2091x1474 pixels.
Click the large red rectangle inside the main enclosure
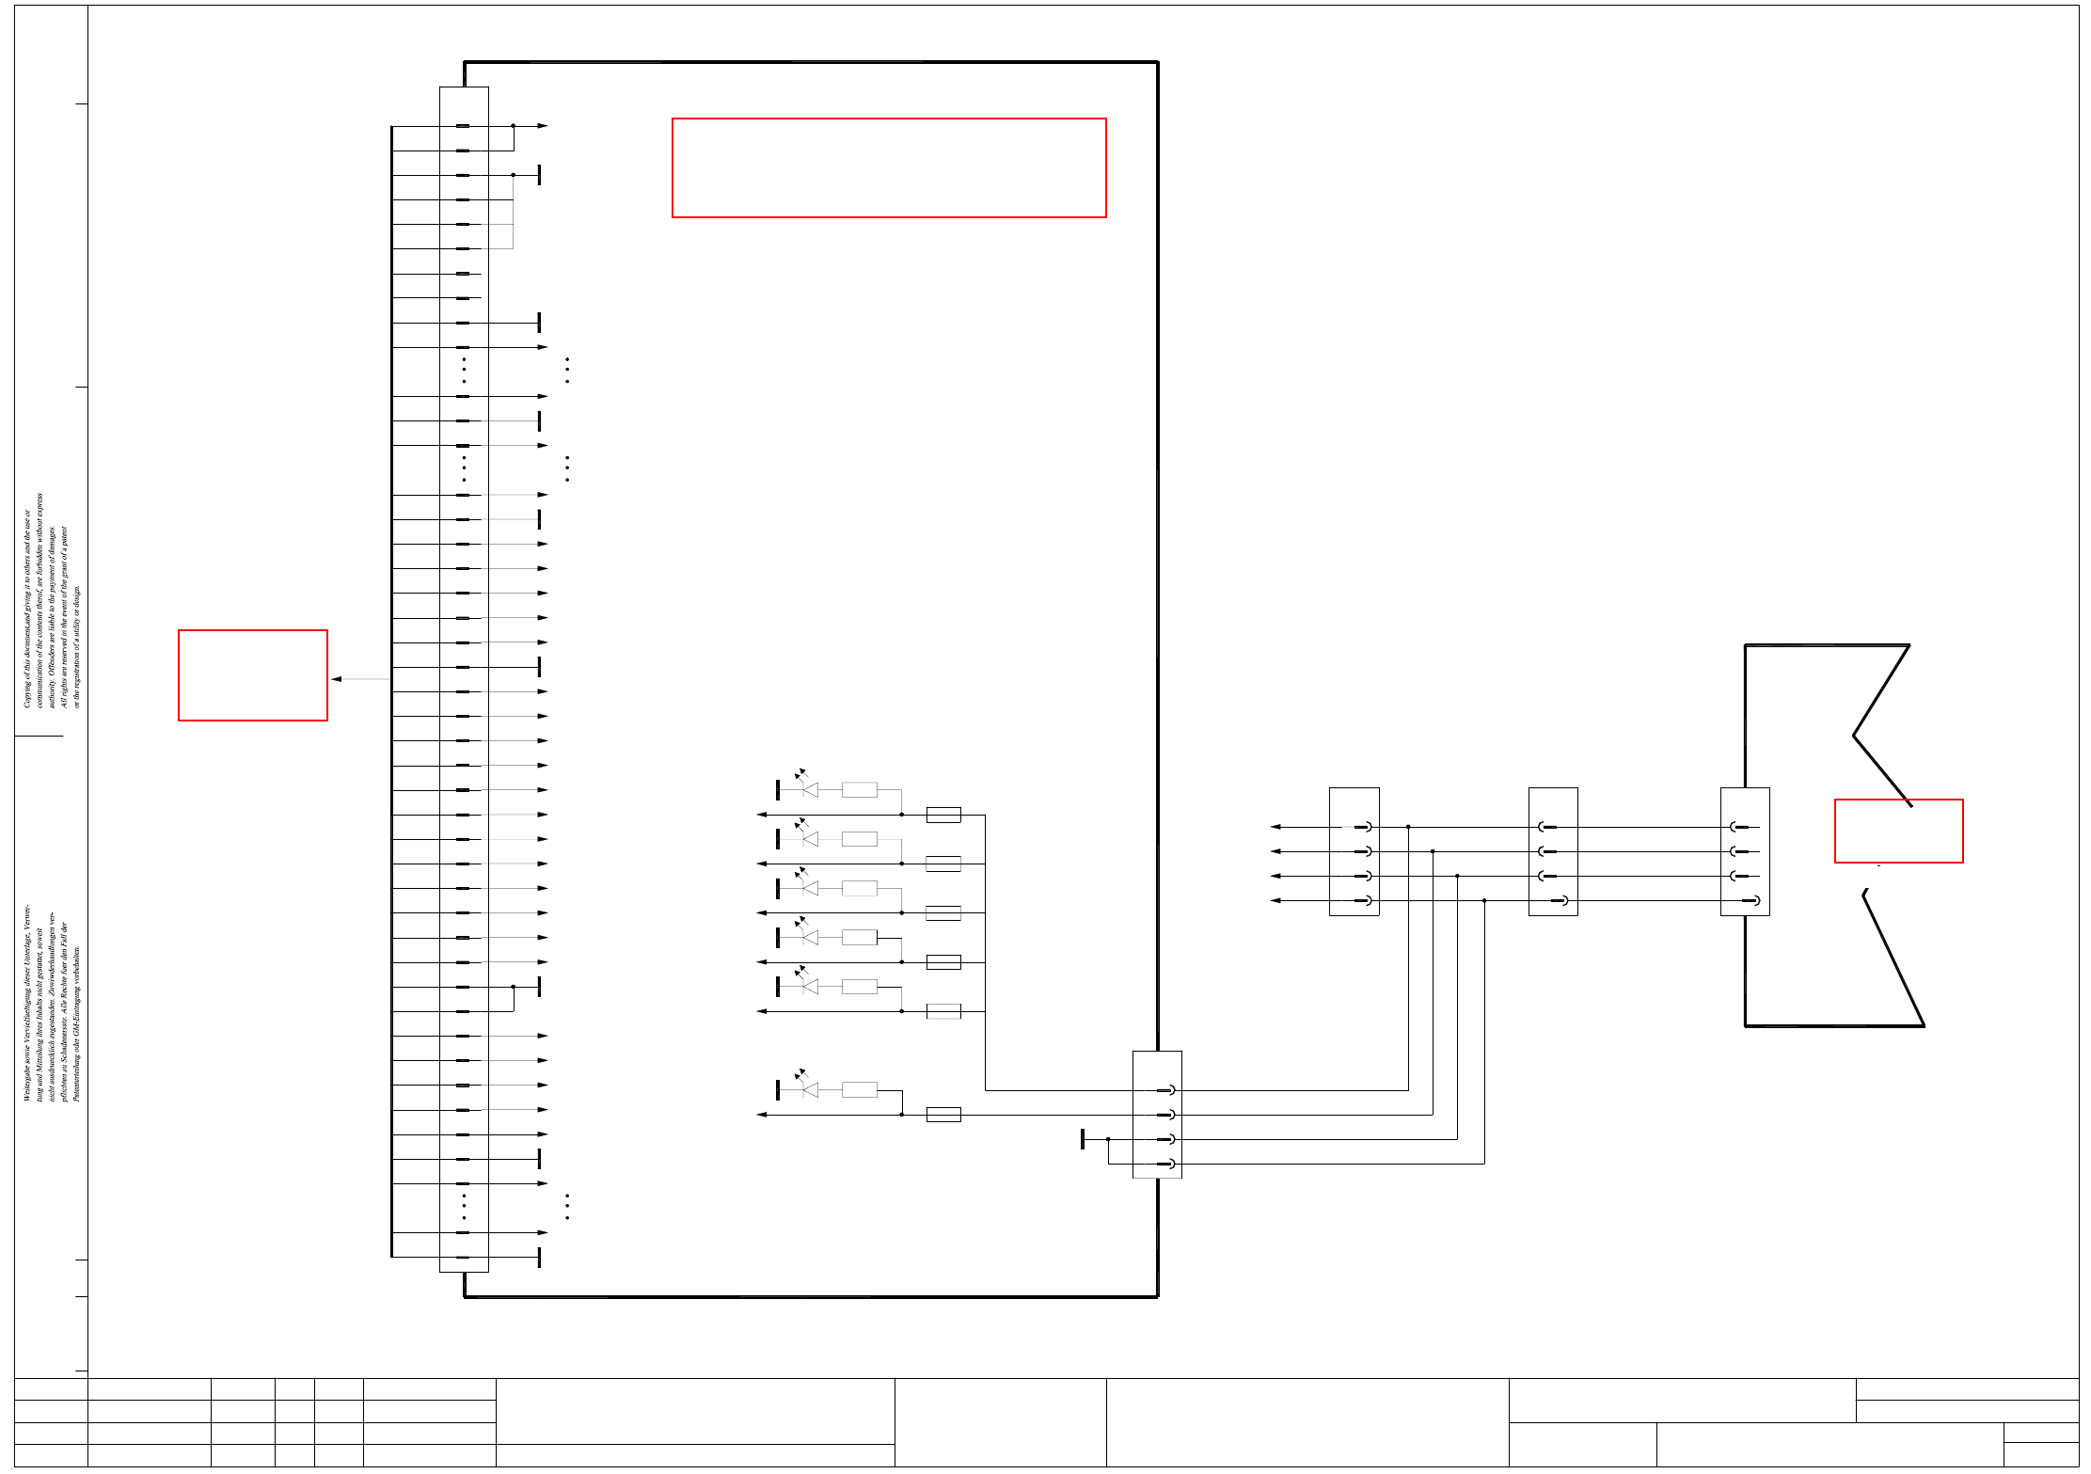click(x=889, y=167)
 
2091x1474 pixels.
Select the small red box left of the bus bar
click(x=253, y=675)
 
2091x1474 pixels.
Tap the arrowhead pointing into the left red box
click(x=336, y=679)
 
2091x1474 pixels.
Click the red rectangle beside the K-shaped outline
click(x=1898, y=831)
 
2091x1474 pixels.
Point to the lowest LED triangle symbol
click(x=811, y=1089)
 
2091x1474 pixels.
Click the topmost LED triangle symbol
click(x=811, y=790)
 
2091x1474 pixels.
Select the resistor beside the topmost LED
click(x=859, y=790)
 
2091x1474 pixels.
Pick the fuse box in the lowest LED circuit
click(x=943, y=1115)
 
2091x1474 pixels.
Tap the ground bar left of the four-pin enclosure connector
click(x=1083, y=1139)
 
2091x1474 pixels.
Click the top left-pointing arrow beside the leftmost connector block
click(x=1275, y=827)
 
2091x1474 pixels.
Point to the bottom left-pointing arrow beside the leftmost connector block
click(x=1275, y=901)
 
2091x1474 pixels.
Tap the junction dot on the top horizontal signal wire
click(x=1408, y=827)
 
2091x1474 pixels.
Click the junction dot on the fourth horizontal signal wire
click(x=1484, y=901)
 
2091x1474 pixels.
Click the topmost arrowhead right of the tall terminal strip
click(x=543, y=125)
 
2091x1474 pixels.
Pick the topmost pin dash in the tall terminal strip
click(x=463, y=125)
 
